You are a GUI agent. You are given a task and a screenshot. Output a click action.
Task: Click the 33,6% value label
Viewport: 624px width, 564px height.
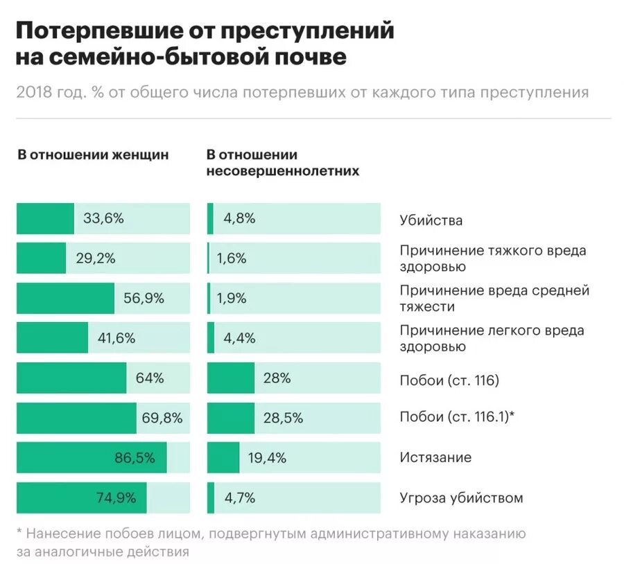click(103, 219)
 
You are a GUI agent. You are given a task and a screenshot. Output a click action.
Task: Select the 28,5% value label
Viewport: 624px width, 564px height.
click(283, 418)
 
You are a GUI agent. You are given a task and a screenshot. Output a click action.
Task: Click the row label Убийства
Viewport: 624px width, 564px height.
click(431, 220)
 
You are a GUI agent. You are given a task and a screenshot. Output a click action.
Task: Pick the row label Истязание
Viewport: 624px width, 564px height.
click(435, 457)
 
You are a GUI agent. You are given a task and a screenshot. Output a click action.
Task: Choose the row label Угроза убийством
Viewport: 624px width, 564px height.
click(461, 497)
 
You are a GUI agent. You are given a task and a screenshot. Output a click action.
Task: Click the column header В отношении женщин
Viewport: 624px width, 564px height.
click(93, 155)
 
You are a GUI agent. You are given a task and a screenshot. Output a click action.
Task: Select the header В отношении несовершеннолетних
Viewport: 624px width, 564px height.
click(283, 163)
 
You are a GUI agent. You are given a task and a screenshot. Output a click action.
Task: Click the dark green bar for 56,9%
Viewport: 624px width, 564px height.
click(65, 299)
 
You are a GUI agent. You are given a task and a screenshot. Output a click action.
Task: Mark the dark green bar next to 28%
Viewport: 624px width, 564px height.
click(231, 378)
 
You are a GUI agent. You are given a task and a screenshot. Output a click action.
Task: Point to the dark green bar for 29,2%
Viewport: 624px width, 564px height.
click(41, 258)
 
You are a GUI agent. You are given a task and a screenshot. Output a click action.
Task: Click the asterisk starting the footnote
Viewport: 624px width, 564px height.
click(19, 534)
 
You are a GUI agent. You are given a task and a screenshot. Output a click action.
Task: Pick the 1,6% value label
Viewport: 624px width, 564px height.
click(231, 258)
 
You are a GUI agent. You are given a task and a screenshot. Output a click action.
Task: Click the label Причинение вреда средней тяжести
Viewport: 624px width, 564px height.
click(494, 298)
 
